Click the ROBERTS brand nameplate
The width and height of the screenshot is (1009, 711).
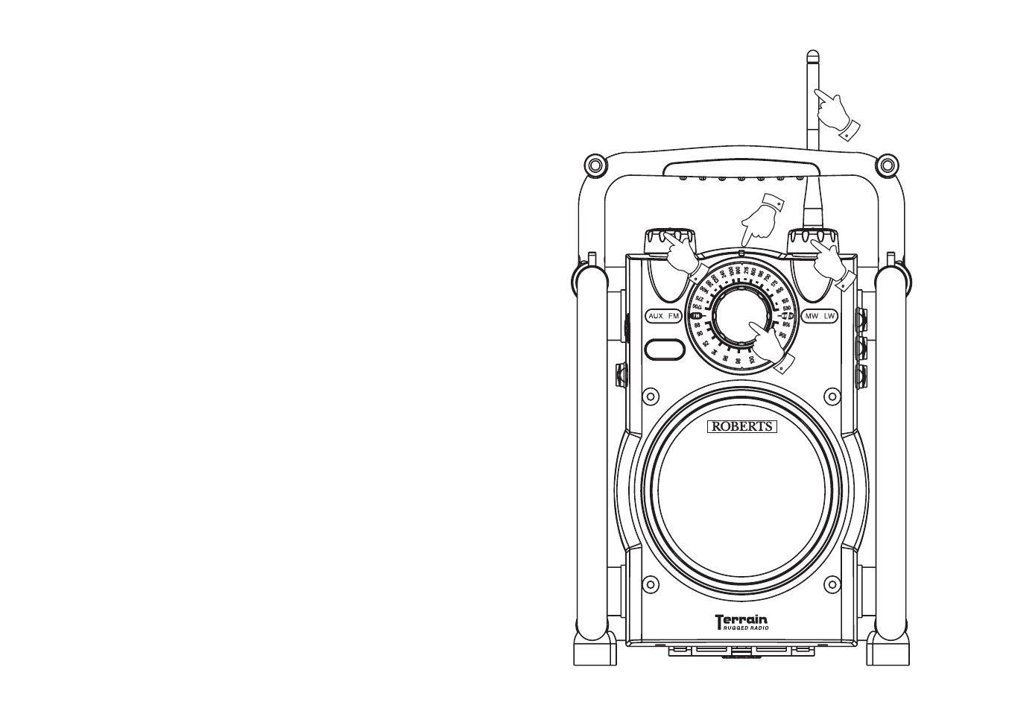pos(741,427)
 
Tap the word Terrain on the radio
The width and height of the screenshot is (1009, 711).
pos(741,619)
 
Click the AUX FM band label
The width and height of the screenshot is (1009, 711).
pos(664,316)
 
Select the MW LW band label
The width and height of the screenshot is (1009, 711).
pos(820,316)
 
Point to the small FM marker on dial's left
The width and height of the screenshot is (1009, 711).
pos(698,316)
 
